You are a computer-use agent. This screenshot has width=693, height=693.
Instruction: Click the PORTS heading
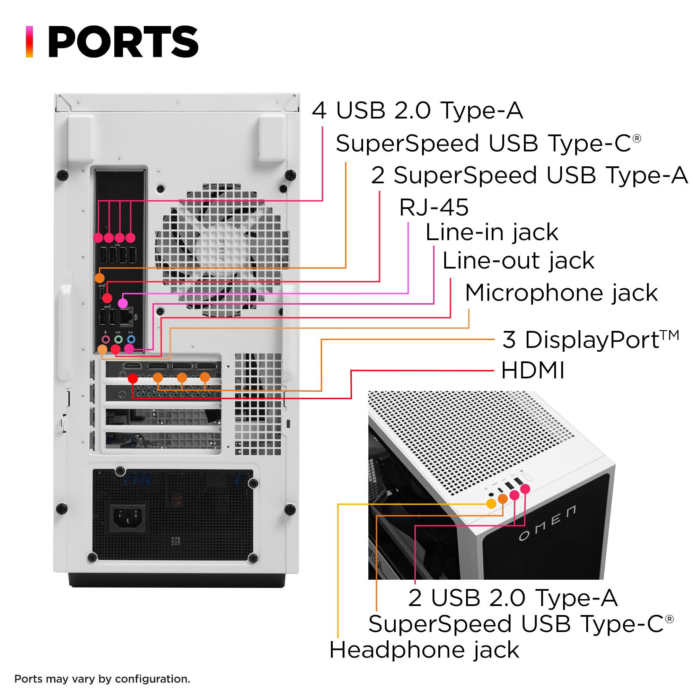point(123,42)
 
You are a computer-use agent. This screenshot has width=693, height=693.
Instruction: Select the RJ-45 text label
point(434,207)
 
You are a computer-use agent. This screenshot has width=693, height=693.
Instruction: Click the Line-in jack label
point(491,233)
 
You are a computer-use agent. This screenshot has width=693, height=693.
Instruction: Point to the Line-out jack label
point(518,261)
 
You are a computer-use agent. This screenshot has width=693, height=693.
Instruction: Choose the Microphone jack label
point(561,293)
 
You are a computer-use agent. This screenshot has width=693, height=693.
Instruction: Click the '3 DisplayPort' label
point(590,339)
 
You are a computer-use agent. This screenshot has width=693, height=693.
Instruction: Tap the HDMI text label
point(533,370)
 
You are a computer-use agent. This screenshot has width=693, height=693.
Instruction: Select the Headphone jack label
point(424,650)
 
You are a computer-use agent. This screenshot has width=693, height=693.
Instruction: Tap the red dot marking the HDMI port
point(133,378)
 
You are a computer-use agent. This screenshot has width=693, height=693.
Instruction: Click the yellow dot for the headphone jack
point(491,503)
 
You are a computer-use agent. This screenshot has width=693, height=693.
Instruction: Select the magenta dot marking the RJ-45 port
point(123,304)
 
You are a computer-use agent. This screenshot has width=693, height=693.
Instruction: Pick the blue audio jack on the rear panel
point(132,339)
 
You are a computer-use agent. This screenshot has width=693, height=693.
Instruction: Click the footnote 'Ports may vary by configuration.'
point(102,679)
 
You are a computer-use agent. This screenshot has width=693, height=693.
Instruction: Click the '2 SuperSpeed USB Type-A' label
point(529,175)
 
